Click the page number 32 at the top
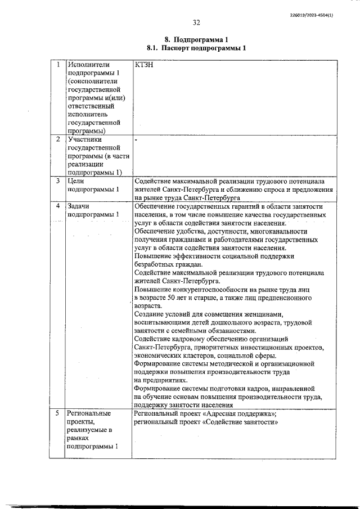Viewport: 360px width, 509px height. coord(196,23)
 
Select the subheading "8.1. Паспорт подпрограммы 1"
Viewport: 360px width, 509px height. coord(196,48)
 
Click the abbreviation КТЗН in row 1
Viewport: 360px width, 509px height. coord(145,65)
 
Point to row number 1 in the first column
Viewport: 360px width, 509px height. coord(58,65)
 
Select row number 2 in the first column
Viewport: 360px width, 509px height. coord(58,138)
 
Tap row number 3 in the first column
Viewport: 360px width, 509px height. coord(58,181)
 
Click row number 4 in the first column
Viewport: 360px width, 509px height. coord(58,206)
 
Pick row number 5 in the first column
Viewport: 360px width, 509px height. coord(58,413)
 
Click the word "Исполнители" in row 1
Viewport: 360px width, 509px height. coord(88,65)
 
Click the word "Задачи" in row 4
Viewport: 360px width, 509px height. coord(79,206)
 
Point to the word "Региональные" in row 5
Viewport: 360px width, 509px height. coord(89,413)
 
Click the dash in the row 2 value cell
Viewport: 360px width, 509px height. coord(136,138)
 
